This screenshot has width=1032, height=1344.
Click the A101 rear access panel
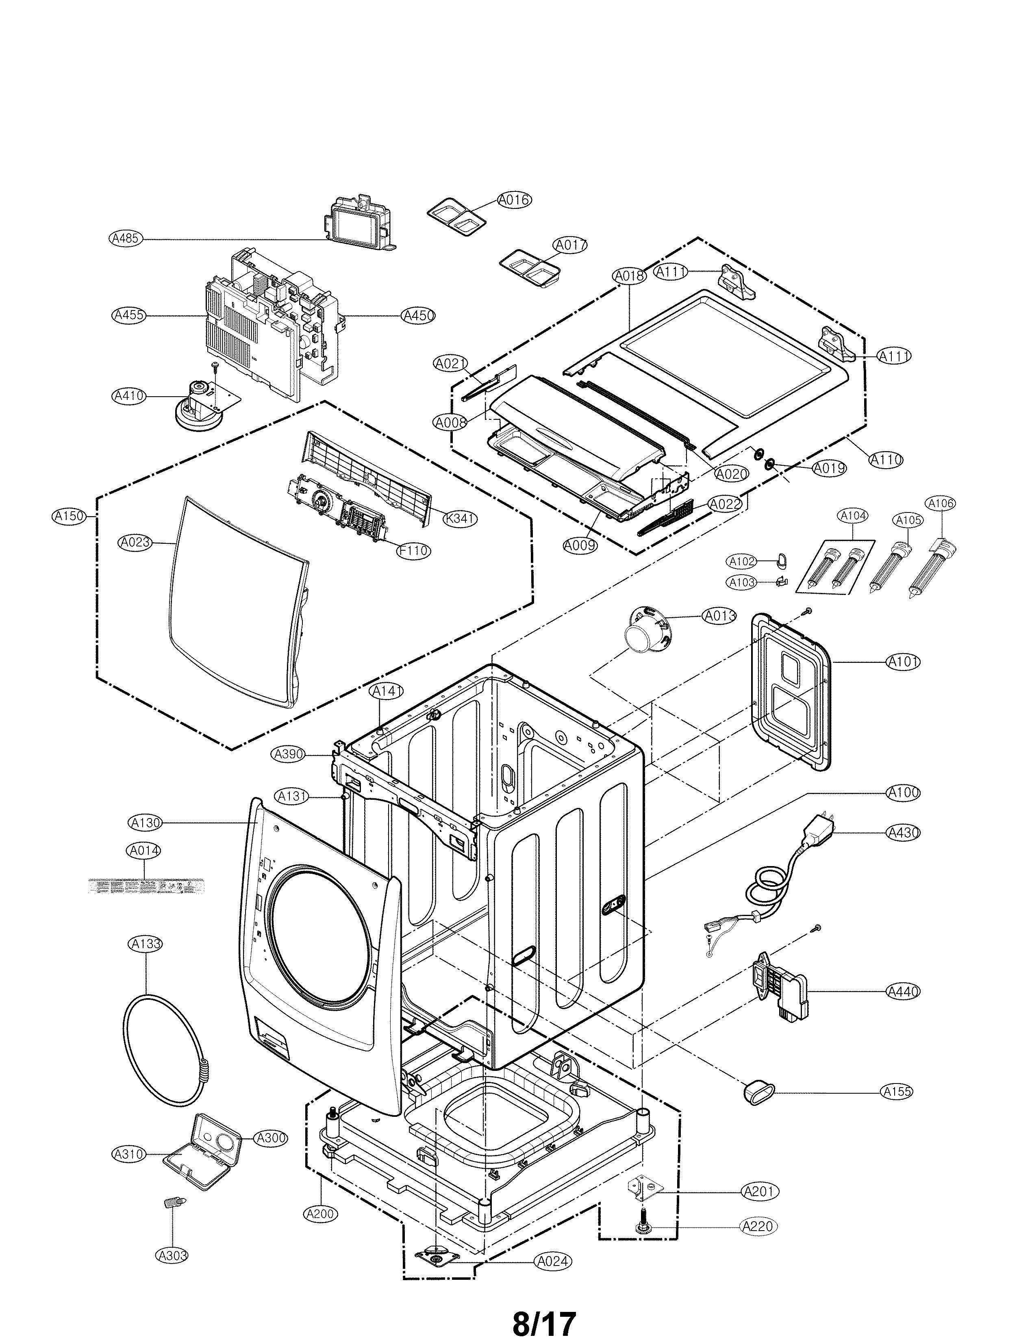pos(791,691)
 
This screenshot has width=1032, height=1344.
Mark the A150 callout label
pos(69,516)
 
